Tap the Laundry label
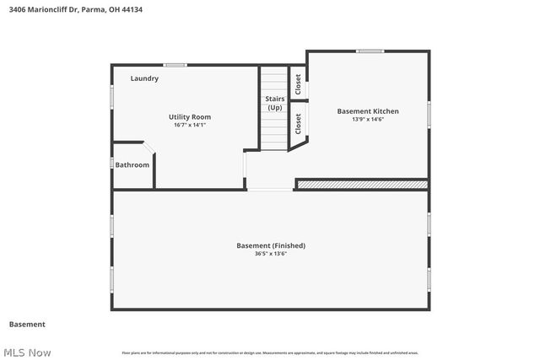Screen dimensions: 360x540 (144, 78)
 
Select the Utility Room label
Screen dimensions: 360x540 (190, 117)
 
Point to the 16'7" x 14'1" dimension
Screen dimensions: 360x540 (190, 125)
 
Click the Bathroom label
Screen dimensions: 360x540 (132, 165)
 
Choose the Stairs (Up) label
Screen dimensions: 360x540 (275, 104)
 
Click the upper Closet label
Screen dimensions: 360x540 (298, 83)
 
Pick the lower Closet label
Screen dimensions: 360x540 (299, 124)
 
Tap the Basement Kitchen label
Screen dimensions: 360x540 (368, 111)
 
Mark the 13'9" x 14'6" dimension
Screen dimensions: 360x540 (368, 119)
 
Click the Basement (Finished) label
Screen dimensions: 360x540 (271, 245)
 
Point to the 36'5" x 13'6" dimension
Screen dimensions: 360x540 (271, 254)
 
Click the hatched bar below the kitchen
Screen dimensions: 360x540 (362, 184)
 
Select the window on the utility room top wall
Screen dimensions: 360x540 (175, 65)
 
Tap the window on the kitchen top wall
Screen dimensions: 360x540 (369, 51)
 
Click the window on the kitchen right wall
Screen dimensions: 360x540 (429, 112)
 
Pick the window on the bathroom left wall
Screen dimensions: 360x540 (112, 163)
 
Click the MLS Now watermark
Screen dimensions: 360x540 (27, 352)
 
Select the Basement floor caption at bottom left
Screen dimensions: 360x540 (27, 325)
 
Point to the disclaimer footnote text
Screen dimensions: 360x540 (270, 352)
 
